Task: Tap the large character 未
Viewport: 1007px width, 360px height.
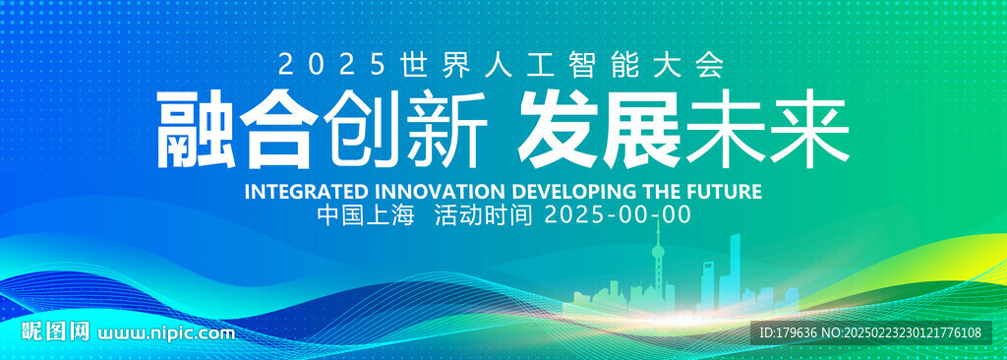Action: point(724,129)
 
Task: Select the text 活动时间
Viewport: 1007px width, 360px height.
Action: point(483,215)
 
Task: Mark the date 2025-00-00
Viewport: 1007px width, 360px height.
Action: point(618,215)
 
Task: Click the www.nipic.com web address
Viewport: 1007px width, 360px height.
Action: point(165,333)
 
